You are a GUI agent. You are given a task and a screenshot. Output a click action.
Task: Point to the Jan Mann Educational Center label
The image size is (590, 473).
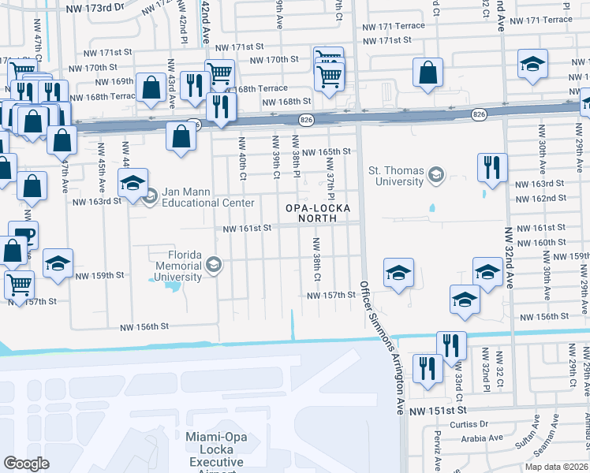(209, 197)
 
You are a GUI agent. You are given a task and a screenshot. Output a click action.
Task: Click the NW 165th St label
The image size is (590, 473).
(325, 151)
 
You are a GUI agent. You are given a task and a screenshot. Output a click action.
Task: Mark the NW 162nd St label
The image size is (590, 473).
(540, 198)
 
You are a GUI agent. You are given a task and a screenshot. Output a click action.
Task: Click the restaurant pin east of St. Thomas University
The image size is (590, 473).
(491, 167)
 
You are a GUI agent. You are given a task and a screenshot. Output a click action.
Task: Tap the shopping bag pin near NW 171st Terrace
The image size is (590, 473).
(427, 72)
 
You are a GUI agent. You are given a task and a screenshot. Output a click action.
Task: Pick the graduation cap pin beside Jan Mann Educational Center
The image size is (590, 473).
(132, 183)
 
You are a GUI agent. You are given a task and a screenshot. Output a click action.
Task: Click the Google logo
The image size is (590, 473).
(26, 464)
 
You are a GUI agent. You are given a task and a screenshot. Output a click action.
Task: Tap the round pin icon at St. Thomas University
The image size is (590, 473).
(435, 173)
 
